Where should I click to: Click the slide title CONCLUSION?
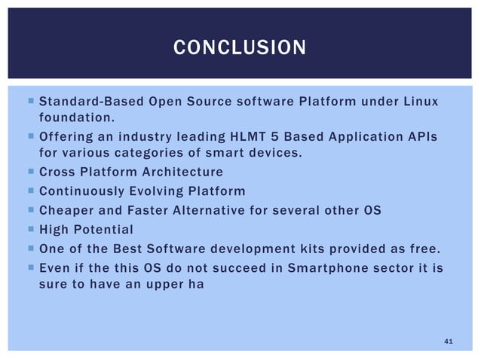240,49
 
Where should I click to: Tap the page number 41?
449,342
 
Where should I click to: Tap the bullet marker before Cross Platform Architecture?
28,171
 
